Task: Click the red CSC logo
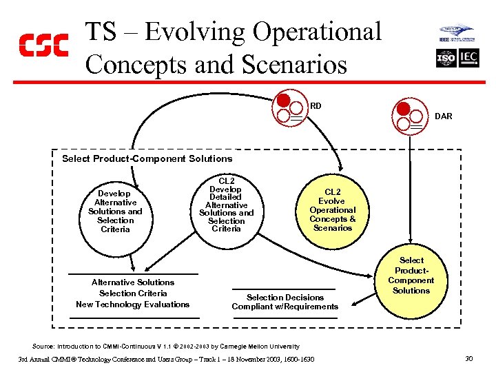[43, 45]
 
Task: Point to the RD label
[316, 106]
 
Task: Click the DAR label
[444, 116]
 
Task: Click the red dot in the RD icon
[283, 101]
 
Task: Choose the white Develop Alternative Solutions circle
[115, 211]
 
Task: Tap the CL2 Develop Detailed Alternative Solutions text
[226, 205]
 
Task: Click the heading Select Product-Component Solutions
[147, 158]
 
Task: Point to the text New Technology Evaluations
[132, 304]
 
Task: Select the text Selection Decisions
[285, 298]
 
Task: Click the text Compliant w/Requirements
[285, 307]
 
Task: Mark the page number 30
[469, 359]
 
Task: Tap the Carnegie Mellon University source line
[166, 346]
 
